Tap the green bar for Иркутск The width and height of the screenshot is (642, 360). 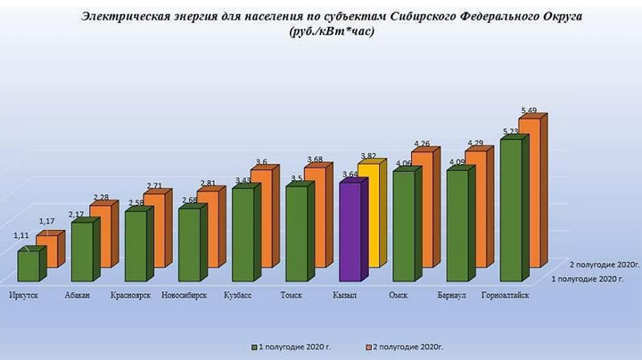click(x=28, y=266)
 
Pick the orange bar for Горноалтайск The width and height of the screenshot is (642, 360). click(x=532, y=192)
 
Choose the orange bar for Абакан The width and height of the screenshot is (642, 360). click(x=102, y=236)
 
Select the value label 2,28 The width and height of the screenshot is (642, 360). click(x=101, y=198)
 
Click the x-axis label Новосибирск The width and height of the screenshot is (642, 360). click(x=185, y=295)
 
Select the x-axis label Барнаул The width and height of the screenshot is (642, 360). click(x=455, y=295)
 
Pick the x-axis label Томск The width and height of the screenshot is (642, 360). click(x=292, y=295)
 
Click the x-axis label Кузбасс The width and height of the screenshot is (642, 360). click(x=241, y=295)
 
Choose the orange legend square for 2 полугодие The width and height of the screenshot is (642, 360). click(x=369, y=342)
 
